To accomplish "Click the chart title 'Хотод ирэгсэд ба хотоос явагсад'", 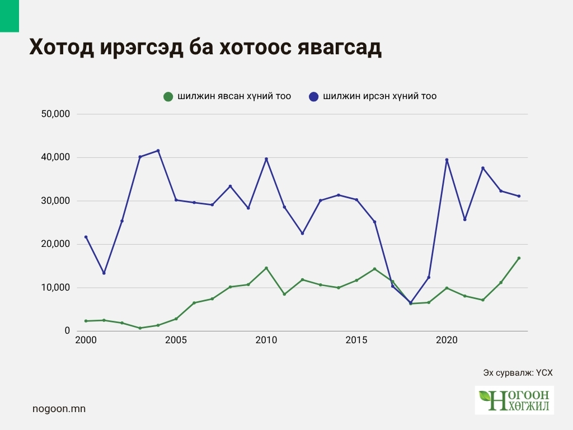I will tap(205, 48).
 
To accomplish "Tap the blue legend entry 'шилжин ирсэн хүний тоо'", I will tap(373, 96).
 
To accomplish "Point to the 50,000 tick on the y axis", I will tap(55, 114).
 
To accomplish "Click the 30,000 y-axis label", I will tap(55, 201).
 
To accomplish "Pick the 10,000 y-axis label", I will tap(55, 288).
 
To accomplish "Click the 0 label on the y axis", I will tap(66, 331).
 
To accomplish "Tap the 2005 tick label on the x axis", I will tap(176, 340).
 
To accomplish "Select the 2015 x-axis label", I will tap(356, 340).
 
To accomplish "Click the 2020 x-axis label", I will tap(447, 340).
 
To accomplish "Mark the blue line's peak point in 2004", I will tap(158, 151).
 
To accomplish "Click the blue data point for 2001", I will tap(104, 273).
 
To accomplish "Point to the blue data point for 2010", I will tap(266, 159).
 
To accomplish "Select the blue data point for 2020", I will tap(447, 160).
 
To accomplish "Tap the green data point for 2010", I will tap(266, 268).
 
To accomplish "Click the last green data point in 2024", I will tap(519, 258).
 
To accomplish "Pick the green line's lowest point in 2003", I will tap(140, 328).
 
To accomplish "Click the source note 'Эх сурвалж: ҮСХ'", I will tap(518, 372).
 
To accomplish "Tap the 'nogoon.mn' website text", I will tap(59, 409).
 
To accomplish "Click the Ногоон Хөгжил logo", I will tap(514, 400).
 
